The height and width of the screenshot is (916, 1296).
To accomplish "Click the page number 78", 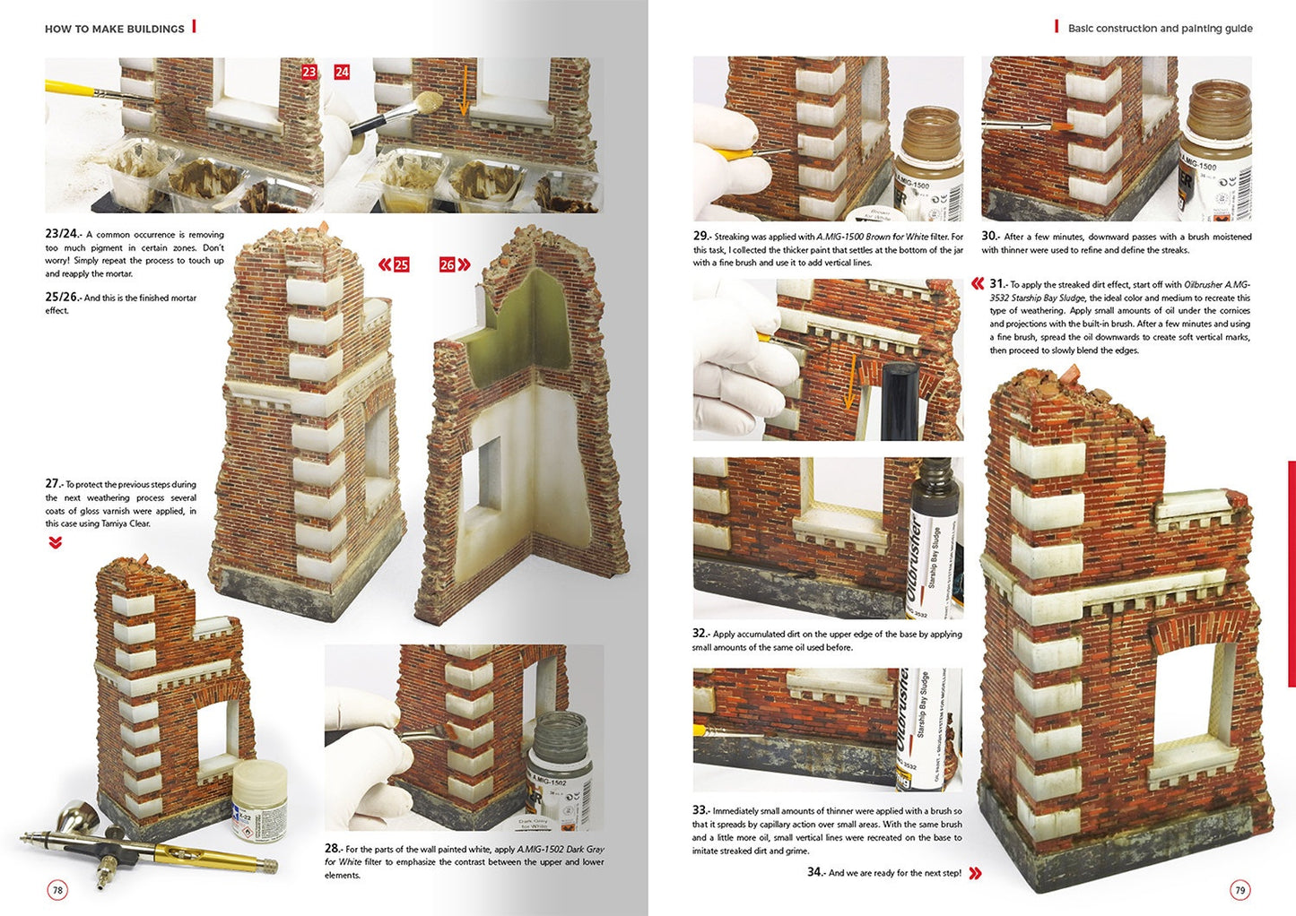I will [x=57, y=890].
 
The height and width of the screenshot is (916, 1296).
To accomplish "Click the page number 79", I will [x=1240, y=890].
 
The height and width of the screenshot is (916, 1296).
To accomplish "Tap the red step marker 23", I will [x=309, y=72].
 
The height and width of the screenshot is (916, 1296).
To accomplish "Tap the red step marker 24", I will [x=342, y=72].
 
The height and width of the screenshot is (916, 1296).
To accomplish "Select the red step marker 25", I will [x=401, y=264].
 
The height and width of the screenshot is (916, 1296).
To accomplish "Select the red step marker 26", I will [x=448, y=264].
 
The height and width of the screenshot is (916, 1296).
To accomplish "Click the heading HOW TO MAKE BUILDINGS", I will [x=115, y=29].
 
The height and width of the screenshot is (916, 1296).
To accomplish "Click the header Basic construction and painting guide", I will [x=1160, y=29].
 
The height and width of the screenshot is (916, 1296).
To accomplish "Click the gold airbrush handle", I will [x=215, y=855].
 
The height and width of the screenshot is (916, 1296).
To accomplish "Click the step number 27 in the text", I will [x=53, y=484].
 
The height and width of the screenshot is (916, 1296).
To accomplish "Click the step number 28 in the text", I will [x=332, y=848].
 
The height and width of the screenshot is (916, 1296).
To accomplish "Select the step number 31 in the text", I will [x=997, y=284].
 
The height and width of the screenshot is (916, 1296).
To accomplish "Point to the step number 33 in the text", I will [x=700, y=810].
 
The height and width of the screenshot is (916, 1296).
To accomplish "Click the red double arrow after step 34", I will [x=975, y=873].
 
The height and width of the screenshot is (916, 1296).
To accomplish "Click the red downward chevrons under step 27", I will [x=56, y=542].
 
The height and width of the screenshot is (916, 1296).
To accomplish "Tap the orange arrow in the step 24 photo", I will [x=464, y=99].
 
